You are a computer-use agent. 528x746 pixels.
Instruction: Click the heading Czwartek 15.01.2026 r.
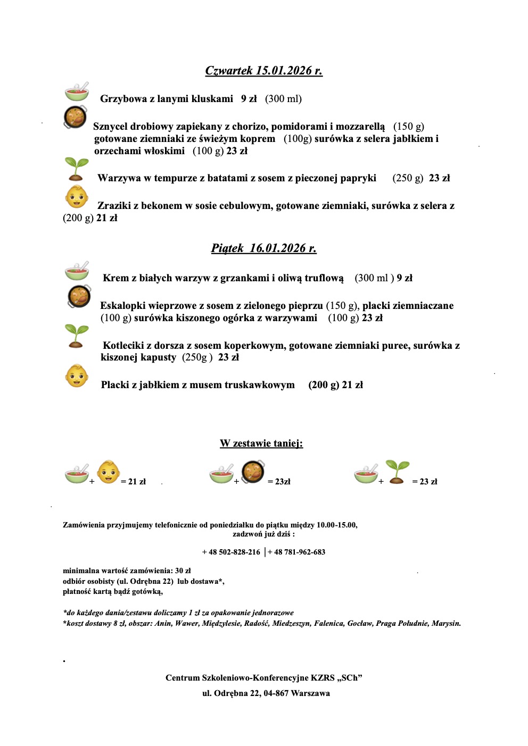(263, 71)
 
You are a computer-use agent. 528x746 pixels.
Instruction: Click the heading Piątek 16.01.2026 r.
(263, 248)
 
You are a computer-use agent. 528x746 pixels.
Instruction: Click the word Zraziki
(114, 206)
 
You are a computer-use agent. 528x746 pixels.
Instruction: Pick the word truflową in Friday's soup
(324, 278)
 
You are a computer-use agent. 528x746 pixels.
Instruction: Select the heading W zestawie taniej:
(261, 443)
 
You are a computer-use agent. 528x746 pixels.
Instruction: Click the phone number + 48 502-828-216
(231, 552)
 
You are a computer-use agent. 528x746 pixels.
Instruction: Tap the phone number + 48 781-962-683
(296, 552)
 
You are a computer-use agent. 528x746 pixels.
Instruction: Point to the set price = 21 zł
(133, 482)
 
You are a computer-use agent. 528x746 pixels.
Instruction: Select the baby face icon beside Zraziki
(77, 197)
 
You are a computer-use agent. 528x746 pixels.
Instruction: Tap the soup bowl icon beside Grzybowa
(77, 92)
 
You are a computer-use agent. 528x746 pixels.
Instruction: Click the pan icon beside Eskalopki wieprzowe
(79, 297)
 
